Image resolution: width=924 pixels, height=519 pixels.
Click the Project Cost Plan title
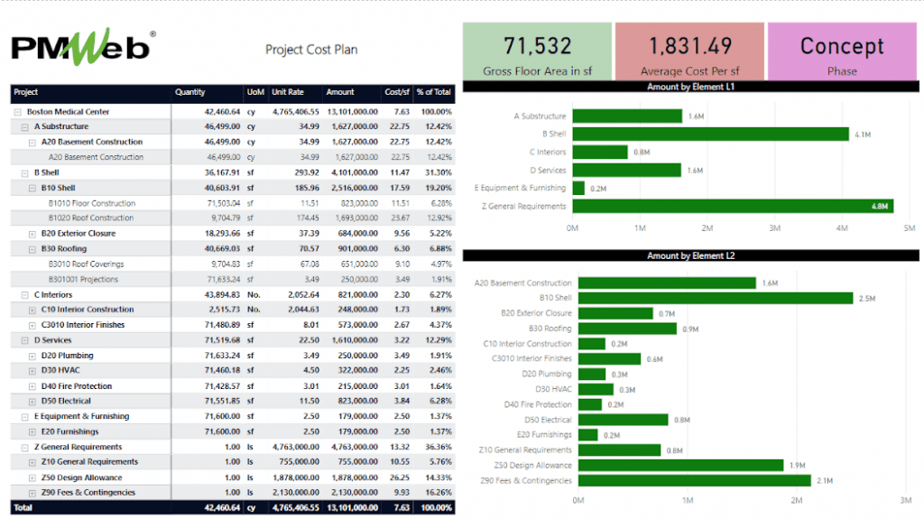click(x=311, y=50)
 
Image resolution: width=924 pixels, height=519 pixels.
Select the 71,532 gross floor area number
click(x=536, y=46)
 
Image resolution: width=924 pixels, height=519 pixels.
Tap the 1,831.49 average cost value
click(x=689, y=46)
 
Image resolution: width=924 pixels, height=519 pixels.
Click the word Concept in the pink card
click(x=842, y=46)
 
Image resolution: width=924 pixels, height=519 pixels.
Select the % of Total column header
click(x=434, y=92)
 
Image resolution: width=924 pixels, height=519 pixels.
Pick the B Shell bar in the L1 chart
click(x=710, y=134)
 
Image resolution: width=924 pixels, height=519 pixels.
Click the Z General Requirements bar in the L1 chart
click(x=733, y=206)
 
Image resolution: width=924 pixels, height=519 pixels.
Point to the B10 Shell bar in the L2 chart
click(x=715, y=298)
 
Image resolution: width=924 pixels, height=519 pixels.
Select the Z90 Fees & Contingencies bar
click(x=694, y=480)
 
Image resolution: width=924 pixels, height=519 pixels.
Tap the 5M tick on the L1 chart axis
click(x=910, y=228)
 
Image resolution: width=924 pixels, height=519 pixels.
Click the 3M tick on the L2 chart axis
click(x=906, y=500)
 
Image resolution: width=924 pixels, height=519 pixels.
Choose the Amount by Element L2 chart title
click(x=691, y=255)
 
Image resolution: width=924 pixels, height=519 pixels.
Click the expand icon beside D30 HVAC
click(x=32, y=370)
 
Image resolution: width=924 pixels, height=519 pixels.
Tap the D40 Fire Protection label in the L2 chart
click(x=537, y=404)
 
